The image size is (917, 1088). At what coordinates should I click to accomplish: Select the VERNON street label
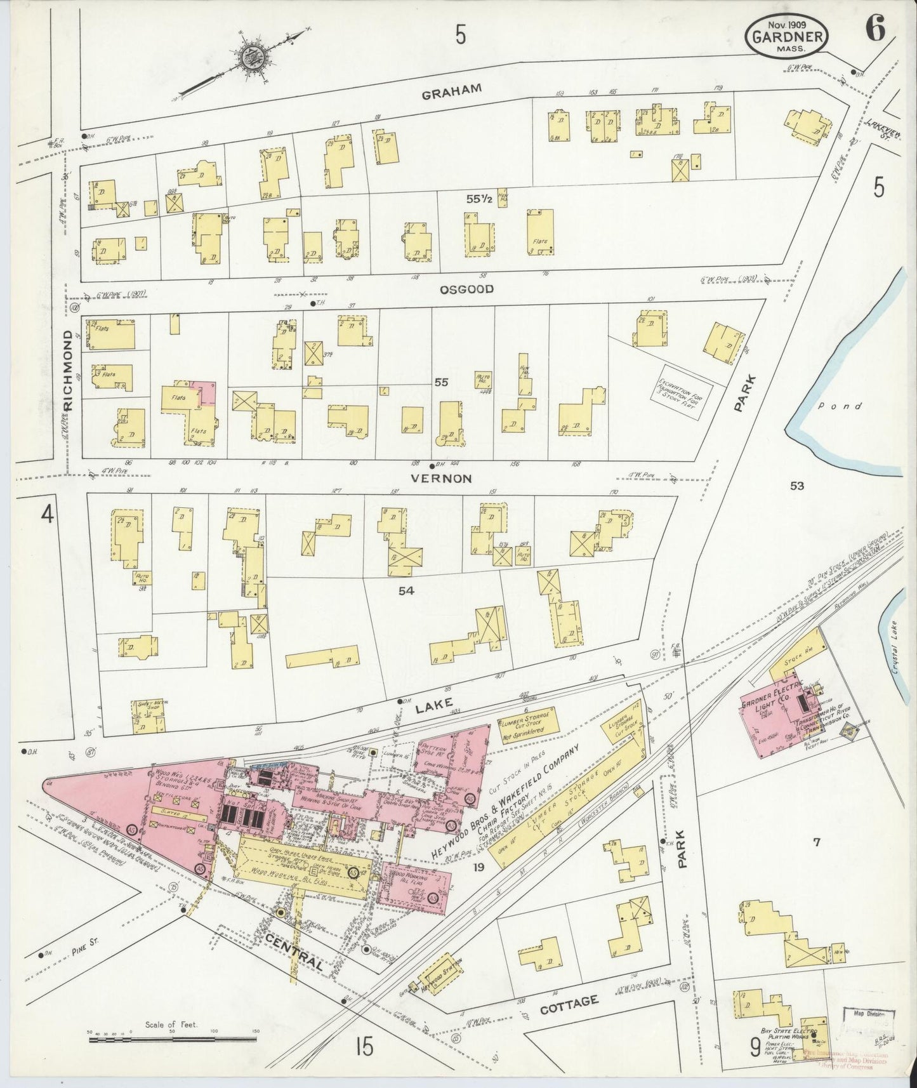[x=441, y=479]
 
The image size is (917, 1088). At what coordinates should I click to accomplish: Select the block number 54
[x=406, y=591]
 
